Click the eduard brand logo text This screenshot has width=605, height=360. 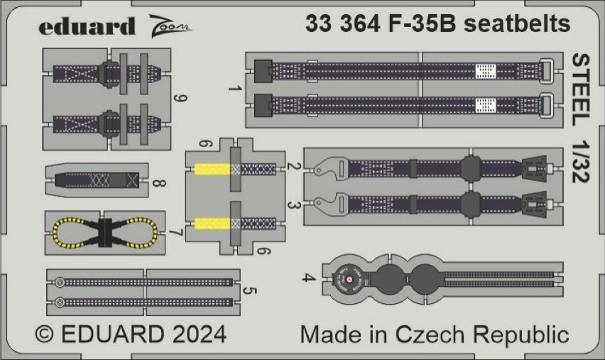tap(87, 27)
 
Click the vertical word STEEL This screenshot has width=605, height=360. tap(580, 84)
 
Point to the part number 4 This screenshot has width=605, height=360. tap(305, 278)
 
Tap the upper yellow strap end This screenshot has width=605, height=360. tap(212, 169)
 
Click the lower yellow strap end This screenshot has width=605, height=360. tap(212, 224)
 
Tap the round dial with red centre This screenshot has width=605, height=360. tap(347, 278)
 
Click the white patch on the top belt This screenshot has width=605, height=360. tap(484, 70)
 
